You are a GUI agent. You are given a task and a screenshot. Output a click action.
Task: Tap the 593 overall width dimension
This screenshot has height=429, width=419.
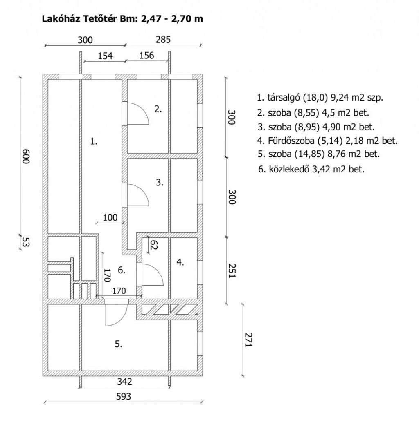tap(124, 396)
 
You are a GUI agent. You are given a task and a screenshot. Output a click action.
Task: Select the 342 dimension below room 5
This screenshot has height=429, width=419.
tap(125, 381)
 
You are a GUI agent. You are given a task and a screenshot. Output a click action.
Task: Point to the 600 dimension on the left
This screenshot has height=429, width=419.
tap(25, 156)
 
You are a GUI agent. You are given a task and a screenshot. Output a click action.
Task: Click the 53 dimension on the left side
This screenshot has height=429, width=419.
tap(25, 242)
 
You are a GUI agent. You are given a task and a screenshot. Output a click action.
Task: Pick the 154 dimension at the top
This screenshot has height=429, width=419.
tap(105, 56)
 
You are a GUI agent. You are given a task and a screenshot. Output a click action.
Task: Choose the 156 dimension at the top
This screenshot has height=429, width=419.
tap(146, 56)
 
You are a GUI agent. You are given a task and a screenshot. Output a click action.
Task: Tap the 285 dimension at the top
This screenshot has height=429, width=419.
tap(163, 40)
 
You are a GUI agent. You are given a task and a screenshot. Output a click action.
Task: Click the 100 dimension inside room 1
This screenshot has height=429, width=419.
tap(110, 217)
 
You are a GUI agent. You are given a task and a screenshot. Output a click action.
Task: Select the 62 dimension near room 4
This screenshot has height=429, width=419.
tap(154, 245)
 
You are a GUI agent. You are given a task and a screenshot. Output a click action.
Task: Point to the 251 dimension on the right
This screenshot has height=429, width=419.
tap(232, 271)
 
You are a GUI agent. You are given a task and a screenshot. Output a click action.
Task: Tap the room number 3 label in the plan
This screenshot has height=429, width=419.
tap(160, 182)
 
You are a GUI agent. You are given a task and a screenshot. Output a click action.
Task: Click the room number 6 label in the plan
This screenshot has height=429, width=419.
tap(122, 270)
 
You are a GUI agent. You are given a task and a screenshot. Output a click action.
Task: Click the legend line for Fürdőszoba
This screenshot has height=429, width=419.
tap(327, 141)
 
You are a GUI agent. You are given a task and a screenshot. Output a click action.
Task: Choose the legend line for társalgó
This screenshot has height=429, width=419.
tap(320, 98)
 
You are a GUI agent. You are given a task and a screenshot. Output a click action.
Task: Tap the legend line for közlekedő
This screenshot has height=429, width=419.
tap(311, 169)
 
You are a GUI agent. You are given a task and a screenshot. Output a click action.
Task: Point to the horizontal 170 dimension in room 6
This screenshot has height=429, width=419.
tap(119, 290)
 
